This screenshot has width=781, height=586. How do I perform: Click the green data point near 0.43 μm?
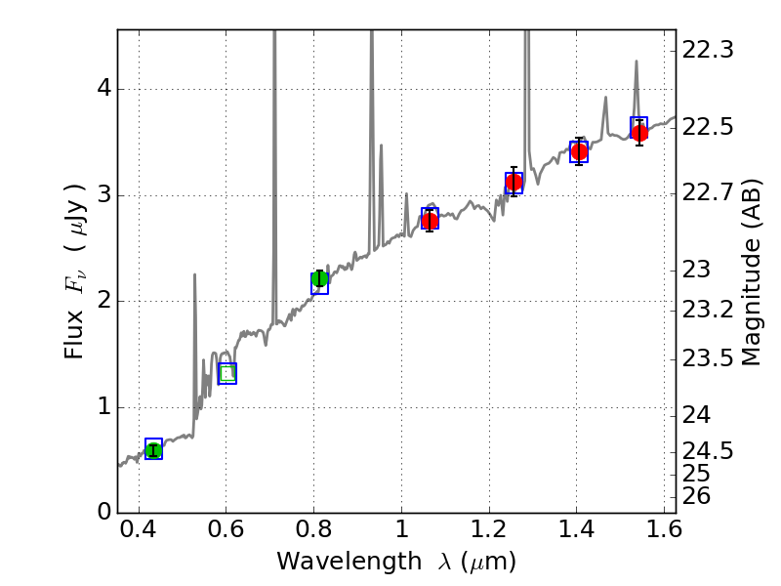pyautogui.click(x=153, y=449)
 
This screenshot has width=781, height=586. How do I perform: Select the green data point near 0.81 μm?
pyautogui.click(x=319, y=279)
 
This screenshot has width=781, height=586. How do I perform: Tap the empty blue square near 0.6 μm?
pyautogui.click(x=227, y=373)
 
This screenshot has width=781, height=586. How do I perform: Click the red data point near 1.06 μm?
pyautogui.click(x=430, y=221)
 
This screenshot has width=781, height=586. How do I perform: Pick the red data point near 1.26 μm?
pyautogui.click(x=514, y=182)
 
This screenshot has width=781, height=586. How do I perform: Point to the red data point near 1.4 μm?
pyautogui.click(x=579, y=151)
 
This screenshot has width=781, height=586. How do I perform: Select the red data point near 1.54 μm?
pyautogui.click(x=639, y=133)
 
